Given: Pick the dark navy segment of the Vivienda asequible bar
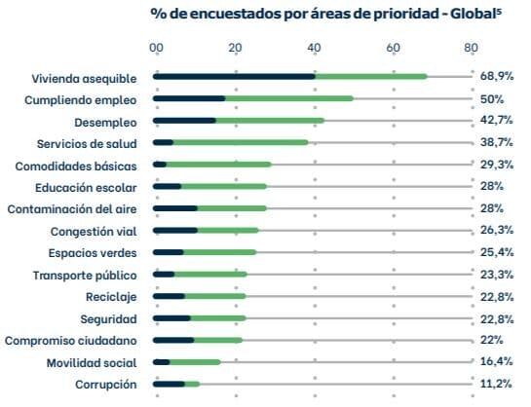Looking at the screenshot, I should pyautogui.click(x=235, y=76).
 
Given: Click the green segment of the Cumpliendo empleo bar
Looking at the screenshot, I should pyautogui.click(x=288, y=98).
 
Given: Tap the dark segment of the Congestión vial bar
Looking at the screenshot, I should pyautogui.click(x=176, y=231).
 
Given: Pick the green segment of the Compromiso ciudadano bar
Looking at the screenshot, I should pyautogui.click(x=218, y=341).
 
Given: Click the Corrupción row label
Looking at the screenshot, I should pyautogui.click(x=106, y=385).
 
